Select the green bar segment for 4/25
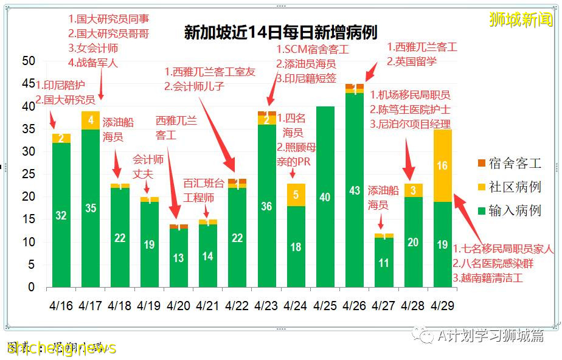point(325,197)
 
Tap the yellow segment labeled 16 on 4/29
point(443,166)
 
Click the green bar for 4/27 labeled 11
point(384,263)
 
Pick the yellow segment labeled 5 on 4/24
point(296,195)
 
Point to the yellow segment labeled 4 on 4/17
point(91,120)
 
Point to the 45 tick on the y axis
point(29,83)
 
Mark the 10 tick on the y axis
point(29,242)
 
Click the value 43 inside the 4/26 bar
point(355,190)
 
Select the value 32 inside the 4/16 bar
point(61,215)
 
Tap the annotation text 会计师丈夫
point(149,167)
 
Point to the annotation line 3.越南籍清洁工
point(487,279)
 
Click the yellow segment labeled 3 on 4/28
point(413,190)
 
